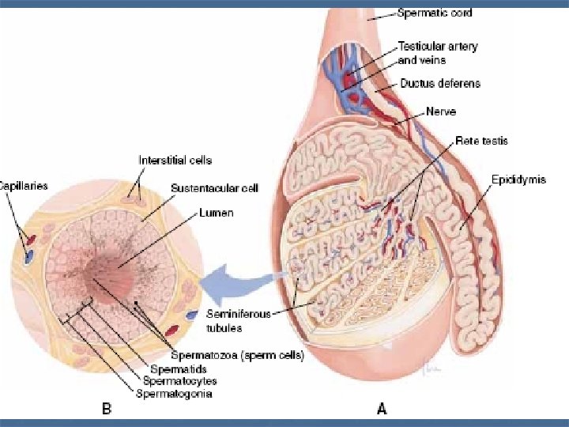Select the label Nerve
(x=440, y=111)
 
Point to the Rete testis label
(x=481, y=141)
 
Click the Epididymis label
(x=518, y=180)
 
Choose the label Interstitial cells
(x=175, y=161)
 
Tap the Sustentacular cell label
(x=214, y=188)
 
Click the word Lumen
(x=217, y=213)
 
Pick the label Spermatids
(x=180, y=369)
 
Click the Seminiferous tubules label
(x=239, y=319)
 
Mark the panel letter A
(x=382, y=409)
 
